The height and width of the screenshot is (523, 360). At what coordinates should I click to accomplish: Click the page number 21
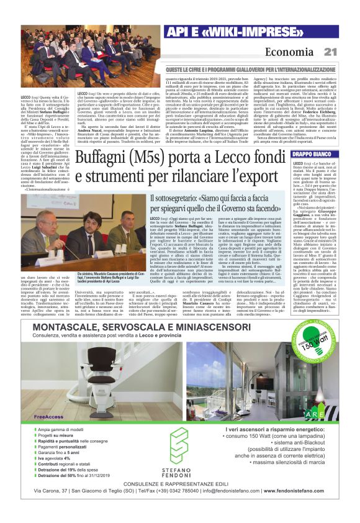[x=330, y=52]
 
